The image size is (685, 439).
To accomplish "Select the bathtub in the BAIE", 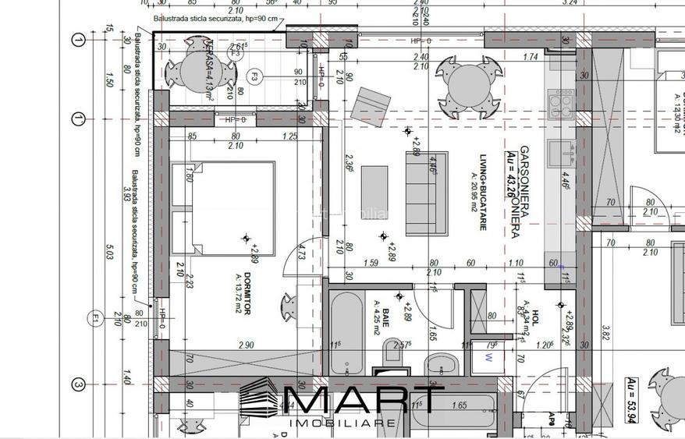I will click(345, 333).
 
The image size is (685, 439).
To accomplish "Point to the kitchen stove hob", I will click(561, 101).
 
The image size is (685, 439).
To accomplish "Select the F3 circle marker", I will click(254, 76).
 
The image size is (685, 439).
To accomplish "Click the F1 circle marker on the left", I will click(94, 318).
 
